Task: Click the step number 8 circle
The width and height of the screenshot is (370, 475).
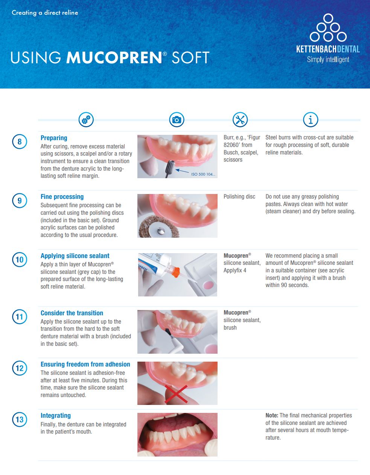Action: [20, 142]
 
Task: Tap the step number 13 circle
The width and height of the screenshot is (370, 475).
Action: [20, 419]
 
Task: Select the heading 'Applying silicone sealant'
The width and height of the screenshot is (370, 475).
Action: [75, 256]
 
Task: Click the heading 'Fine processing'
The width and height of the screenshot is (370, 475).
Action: [62, 197]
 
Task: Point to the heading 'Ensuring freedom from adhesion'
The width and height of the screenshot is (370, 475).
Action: [85, 364]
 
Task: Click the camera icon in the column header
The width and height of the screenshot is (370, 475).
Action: [177, 120]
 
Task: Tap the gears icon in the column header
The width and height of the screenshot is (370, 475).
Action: [86, 120]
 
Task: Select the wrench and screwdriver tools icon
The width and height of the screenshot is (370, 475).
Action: [240, 120]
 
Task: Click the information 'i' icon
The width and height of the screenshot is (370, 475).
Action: [311, 120]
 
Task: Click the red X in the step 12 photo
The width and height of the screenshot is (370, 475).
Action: [176, 394]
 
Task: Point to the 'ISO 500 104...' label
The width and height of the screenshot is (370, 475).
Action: [203, 174]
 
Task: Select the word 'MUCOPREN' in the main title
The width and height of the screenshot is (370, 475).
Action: [114, 58]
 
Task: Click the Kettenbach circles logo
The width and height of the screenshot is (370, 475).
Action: [328, 28]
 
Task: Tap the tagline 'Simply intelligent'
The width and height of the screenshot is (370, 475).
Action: [328, 60]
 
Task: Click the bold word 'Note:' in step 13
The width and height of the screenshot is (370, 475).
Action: [272, 415]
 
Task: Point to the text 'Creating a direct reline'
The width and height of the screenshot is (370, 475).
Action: [45, 12]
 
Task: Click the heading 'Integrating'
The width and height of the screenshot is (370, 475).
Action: [56, 415]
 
